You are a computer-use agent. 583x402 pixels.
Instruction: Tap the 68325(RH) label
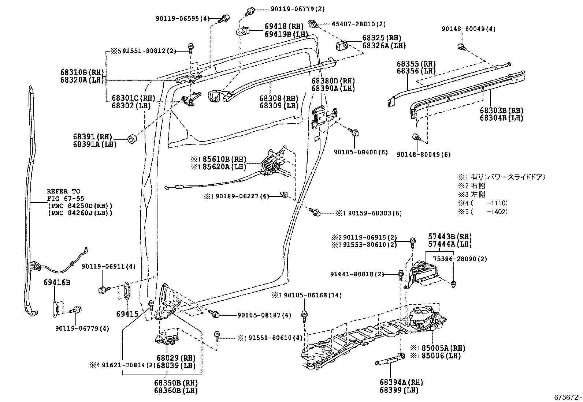coord(382,38)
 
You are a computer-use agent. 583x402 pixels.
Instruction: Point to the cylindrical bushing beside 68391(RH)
coord(132,139)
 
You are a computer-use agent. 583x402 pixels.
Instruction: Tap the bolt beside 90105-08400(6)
coord(354,133)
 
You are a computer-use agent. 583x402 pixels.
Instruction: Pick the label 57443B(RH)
coord(450,237)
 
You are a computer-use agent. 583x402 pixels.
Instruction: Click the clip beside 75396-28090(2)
coord(453,283)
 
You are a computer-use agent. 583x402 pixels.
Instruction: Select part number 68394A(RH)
coord(401,382)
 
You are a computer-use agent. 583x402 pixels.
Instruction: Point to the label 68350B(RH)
coord(176,383)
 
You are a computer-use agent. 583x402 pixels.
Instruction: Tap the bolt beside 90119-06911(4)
coord(103,290)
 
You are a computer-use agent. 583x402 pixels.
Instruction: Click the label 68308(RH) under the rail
coord(279,98)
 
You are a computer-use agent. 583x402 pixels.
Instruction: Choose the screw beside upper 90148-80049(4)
coord(461,46)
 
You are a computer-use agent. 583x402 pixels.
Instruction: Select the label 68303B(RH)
coord(501,110)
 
